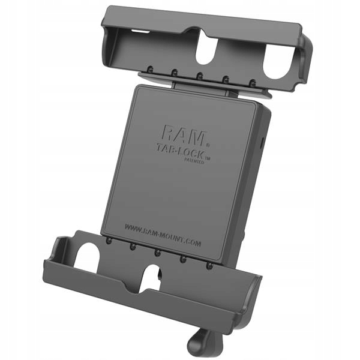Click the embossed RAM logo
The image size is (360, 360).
click(182, 134)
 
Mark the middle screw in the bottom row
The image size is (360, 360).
click(157, 251)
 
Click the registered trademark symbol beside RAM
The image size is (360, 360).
click(208, 145)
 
